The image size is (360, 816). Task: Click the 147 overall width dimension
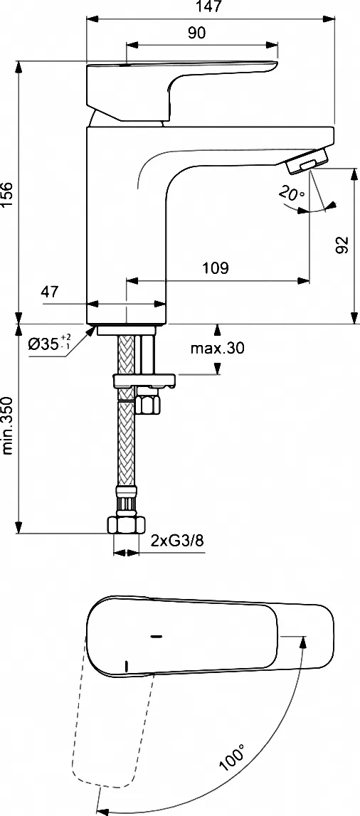click(210, 6)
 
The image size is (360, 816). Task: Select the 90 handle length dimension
click(196, 33)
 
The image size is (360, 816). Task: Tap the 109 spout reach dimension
click(216, 268)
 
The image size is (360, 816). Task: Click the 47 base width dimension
click(50, 292)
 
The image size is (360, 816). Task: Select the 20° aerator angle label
click(291, 194)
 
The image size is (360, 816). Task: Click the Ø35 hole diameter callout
click(49, 344)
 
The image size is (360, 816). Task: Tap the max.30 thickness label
click(217, 349)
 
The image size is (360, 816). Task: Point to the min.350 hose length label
click(7, 423)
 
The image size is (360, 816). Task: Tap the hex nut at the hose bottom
click(125, 524)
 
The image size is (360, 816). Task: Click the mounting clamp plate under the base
click(144, 381)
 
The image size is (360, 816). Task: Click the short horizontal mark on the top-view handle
click(155, 636)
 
